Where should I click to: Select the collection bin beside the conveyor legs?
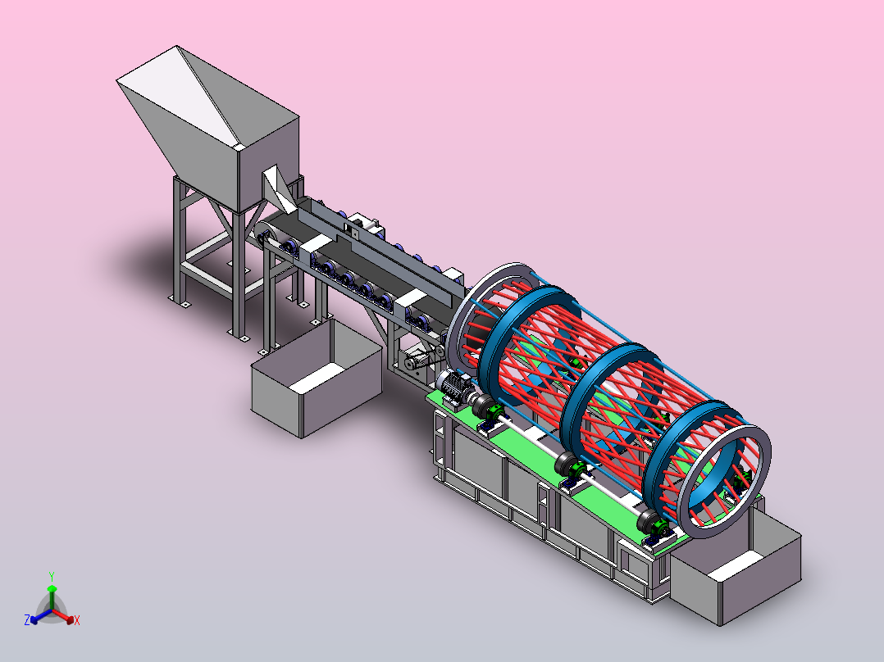pyautogui.click(x=316, y=379)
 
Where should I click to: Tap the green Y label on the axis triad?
pyautogui.click(x=52, y=576)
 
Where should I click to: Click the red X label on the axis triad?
pyautogui.click(x=77, y=620)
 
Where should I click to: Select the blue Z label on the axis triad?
pyautogui.click(x=27, y=619)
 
